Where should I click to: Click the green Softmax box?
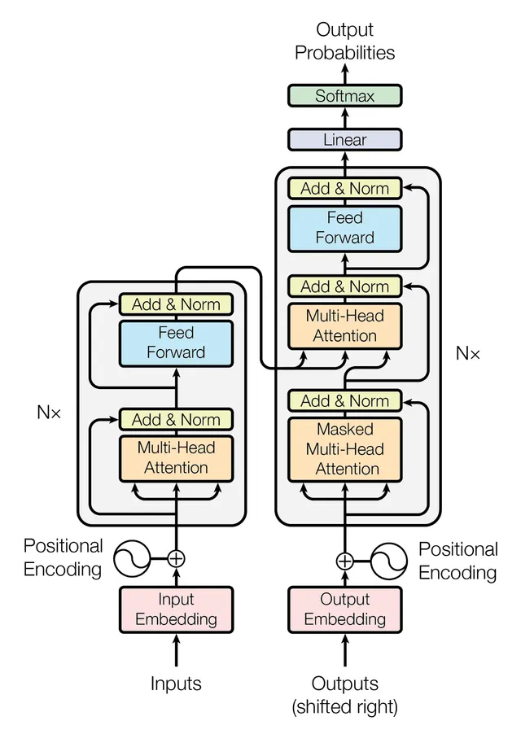point(345,96)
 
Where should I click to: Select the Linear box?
point(345,139)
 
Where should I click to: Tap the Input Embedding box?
point(176,609)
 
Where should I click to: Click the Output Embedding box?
point(345,609)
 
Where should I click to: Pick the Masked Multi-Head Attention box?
point(345,449)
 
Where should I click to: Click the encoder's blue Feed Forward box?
point(176,343)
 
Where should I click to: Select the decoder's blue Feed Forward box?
point(345,228)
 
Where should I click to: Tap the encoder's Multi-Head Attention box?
point(176,457)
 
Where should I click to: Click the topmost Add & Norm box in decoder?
point(345,189)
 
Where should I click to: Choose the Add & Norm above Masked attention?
point(345,400)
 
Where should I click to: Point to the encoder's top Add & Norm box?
point(176,304)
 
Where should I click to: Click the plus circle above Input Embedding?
point(176,558)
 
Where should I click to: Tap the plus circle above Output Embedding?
point(345,561)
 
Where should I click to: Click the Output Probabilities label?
point(345,42)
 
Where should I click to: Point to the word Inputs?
point(176,684)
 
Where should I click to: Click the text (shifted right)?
point(345,707)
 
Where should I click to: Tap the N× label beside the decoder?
point(467,354)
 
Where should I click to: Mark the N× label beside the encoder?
point(49,412)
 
